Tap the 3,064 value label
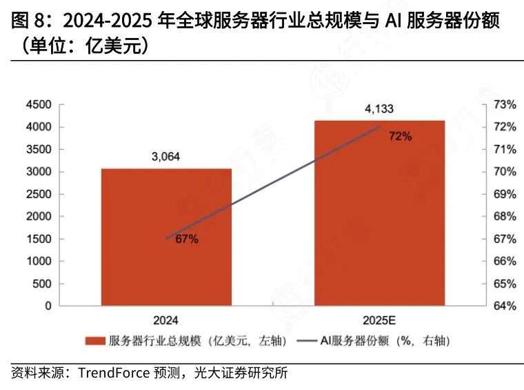click(165, 157)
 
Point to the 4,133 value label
click(379, 108)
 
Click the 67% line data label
click(187, 240)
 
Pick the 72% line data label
click(400, 137)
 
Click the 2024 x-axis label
click(166, 320)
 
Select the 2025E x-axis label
click(379, 320)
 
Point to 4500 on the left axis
click(39, 105)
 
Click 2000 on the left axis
click(39, 217)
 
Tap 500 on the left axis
click(43, 284)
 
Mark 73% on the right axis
click(505, 105)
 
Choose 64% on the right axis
click(505, 306)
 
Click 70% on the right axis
click(505, 172)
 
